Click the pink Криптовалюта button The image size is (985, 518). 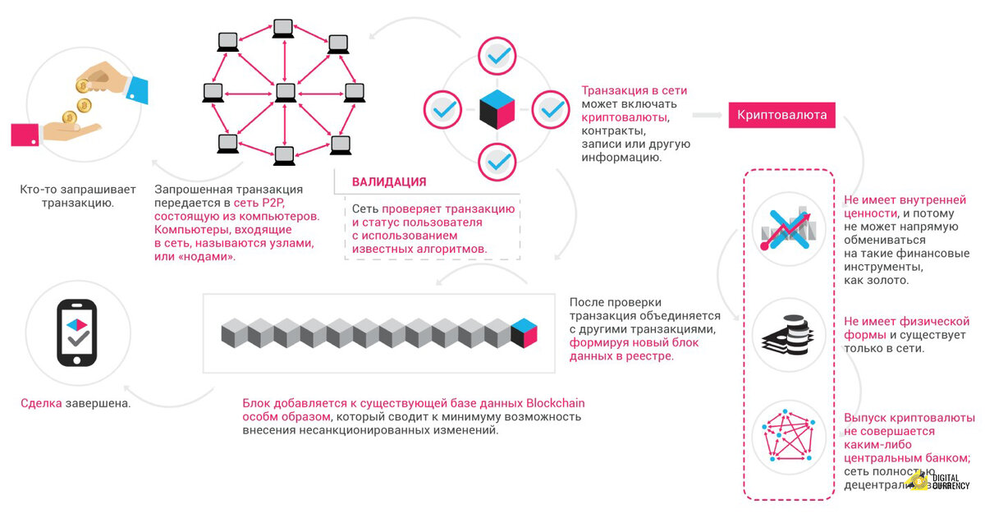[x=781, y=115]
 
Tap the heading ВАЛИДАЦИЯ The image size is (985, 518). [x=389, y=181]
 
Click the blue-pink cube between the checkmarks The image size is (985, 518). [x=497, y=109]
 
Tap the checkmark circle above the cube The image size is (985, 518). [x=497, y=56]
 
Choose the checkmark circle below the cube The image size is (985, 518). [x=497, y=162]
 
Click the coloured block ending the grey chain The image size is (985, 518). [x=524, y=332]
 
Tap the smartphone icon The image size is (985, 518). [x=77, y=332]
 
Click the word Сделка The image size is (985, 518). [x=41, y=404]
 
